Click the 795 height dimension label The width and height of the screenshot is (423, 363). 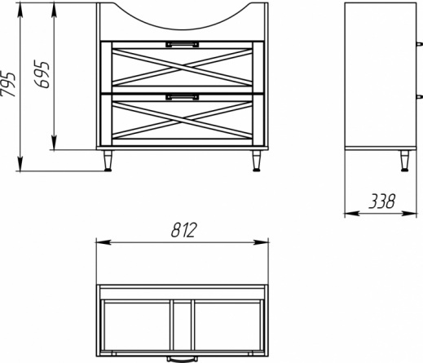coord(7,84)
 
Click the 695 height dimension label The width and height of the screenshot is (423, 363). coord(42,75)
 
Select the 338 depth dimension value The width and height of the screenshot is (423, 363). coord(381,201)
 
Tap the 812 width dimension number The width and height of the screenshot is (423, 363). coord(183,230)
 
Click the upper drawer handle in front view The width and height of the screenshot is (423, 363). coord(183,44)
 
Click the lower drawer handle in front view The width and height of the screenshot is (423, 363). coord(183,97)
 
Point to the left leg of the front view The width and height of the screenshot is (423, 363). coord(108,161)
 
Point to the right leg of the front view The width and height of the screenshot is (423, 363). coord(256,161)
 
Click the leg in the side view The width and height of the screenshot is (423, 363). coord(404,161)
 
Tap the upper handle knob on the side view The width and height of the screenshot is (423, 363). coord(419,44)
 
